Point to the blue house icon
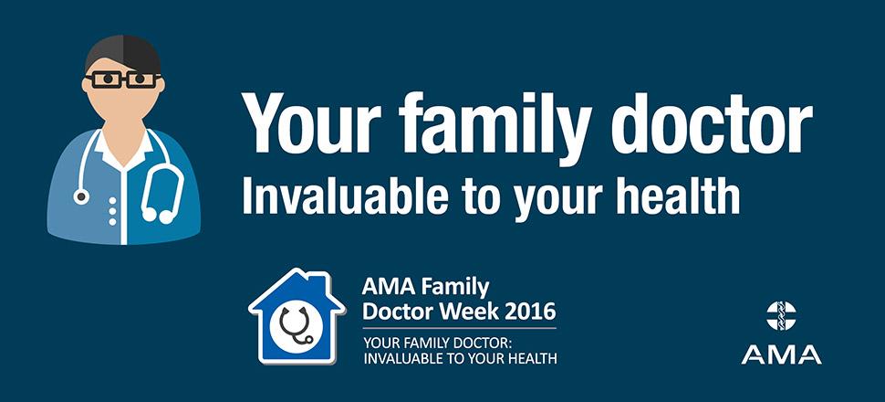[297, 316]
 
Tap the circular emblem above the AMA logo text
[781, 315]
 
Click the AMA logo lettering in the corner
[781, 354]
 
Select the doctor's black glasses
[123, 79]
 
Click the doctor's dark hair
[123, 54]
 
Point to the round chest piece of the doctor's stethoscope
[81, 196]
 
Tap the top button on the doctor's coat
[113, 201]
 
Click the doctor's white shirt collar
[123, 150]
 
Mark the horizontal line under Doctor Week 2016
[459, 328]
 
